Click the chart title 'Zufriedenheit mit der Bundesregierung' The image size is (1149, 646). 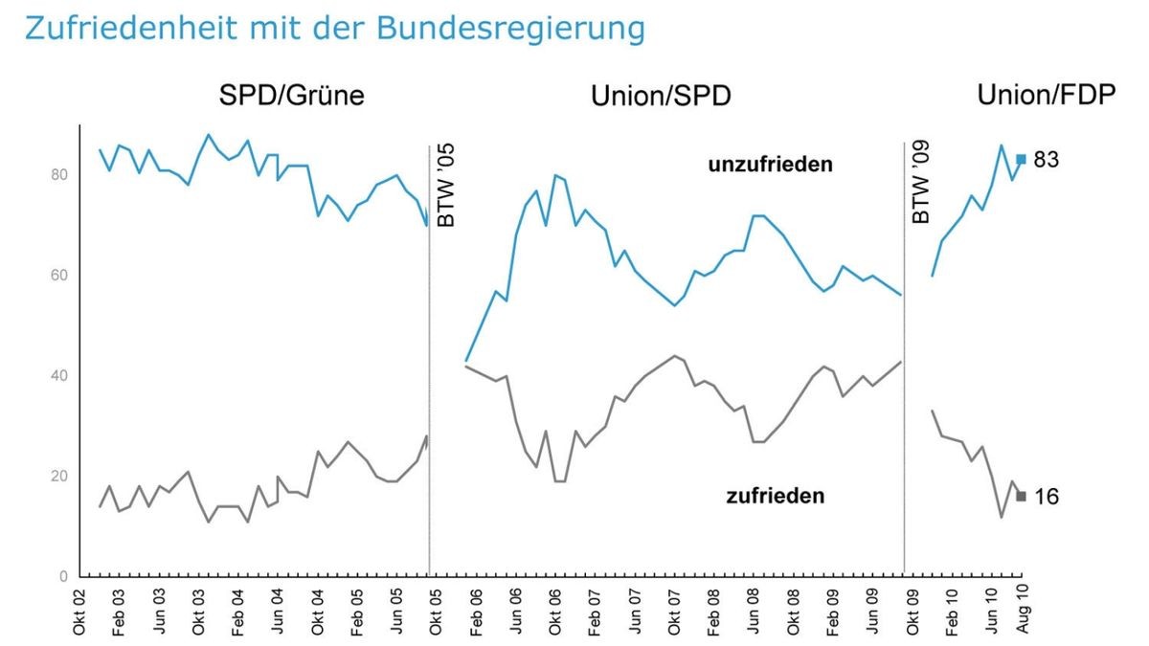pos(334,29)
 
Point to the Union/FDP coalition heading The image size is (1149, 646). pos(1046,97)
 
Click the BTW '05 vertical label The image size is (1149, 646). pos(446,187)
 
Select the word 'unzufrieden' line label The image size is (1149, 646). pos(770,165)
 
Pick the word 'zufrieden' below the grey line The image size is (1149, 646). pos(776,496)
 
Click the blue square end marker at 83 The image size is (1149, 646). pos(1022,159)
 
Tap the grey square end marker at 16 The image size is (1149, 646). pos(1022,496)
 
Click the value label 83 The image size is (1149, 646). pos(1046,160)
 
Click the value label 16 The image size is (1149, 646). pos(1046,497)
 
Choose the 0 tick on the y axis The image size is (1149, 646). pos(63,577)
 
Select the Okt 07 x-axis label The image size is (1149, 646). pos(676,610)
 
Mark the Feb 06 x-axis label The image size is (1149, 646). pos(476,610)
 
